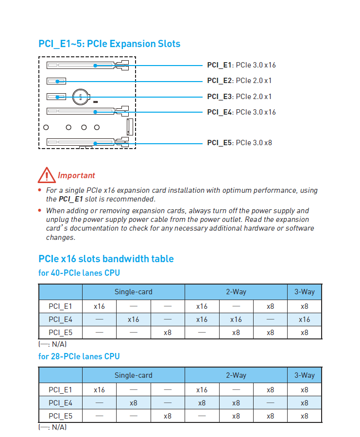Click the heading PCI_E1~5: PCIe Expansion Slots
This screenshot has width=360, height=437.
click(109, 44)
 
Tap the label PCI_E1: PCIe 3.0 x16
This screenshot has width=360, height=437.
click(241, 65)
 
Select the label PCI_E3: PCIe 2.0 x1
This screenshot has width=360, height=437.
click(240, 97)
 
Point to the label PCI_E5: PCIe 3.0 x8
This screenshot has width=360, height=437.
click(240, 143)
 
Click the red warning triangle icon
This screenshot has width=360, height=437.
click(46, 174)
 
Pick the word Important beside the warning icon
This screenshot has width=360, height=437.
click(76, 175)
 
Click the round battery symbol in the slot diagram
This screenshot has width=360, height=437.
click(80, 97)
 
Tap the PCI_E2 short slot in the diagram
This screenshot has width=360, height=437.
click(56, 81)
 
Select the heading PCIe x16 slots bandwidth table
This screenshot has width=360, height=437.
click(106, 259)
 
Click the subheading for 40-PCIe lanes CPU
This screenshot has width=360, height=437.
click(79, 273)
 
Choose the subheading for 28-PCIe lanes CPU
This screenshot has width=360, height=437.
click(79, 356)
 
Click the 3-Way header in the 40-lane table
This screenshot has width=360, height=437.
click(304, 292)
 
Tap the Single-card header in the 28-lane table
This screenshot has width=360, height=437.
click(133, 375)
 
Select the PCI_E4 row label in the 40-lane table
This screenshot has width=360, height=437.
click(60, 319)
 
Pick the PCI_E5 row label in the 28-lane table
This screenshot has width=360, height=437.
click(60, 416)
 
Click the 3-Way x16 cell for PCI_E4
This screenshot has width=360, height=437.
click(304, 319)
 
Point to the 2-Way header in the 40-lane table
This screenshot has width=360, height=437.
click(236, 292)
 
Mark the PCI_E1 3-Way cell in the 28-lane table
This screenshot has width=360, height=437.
click(304, 389)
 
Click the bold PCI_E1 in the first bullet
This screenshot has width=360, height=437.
click(71, 199)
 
